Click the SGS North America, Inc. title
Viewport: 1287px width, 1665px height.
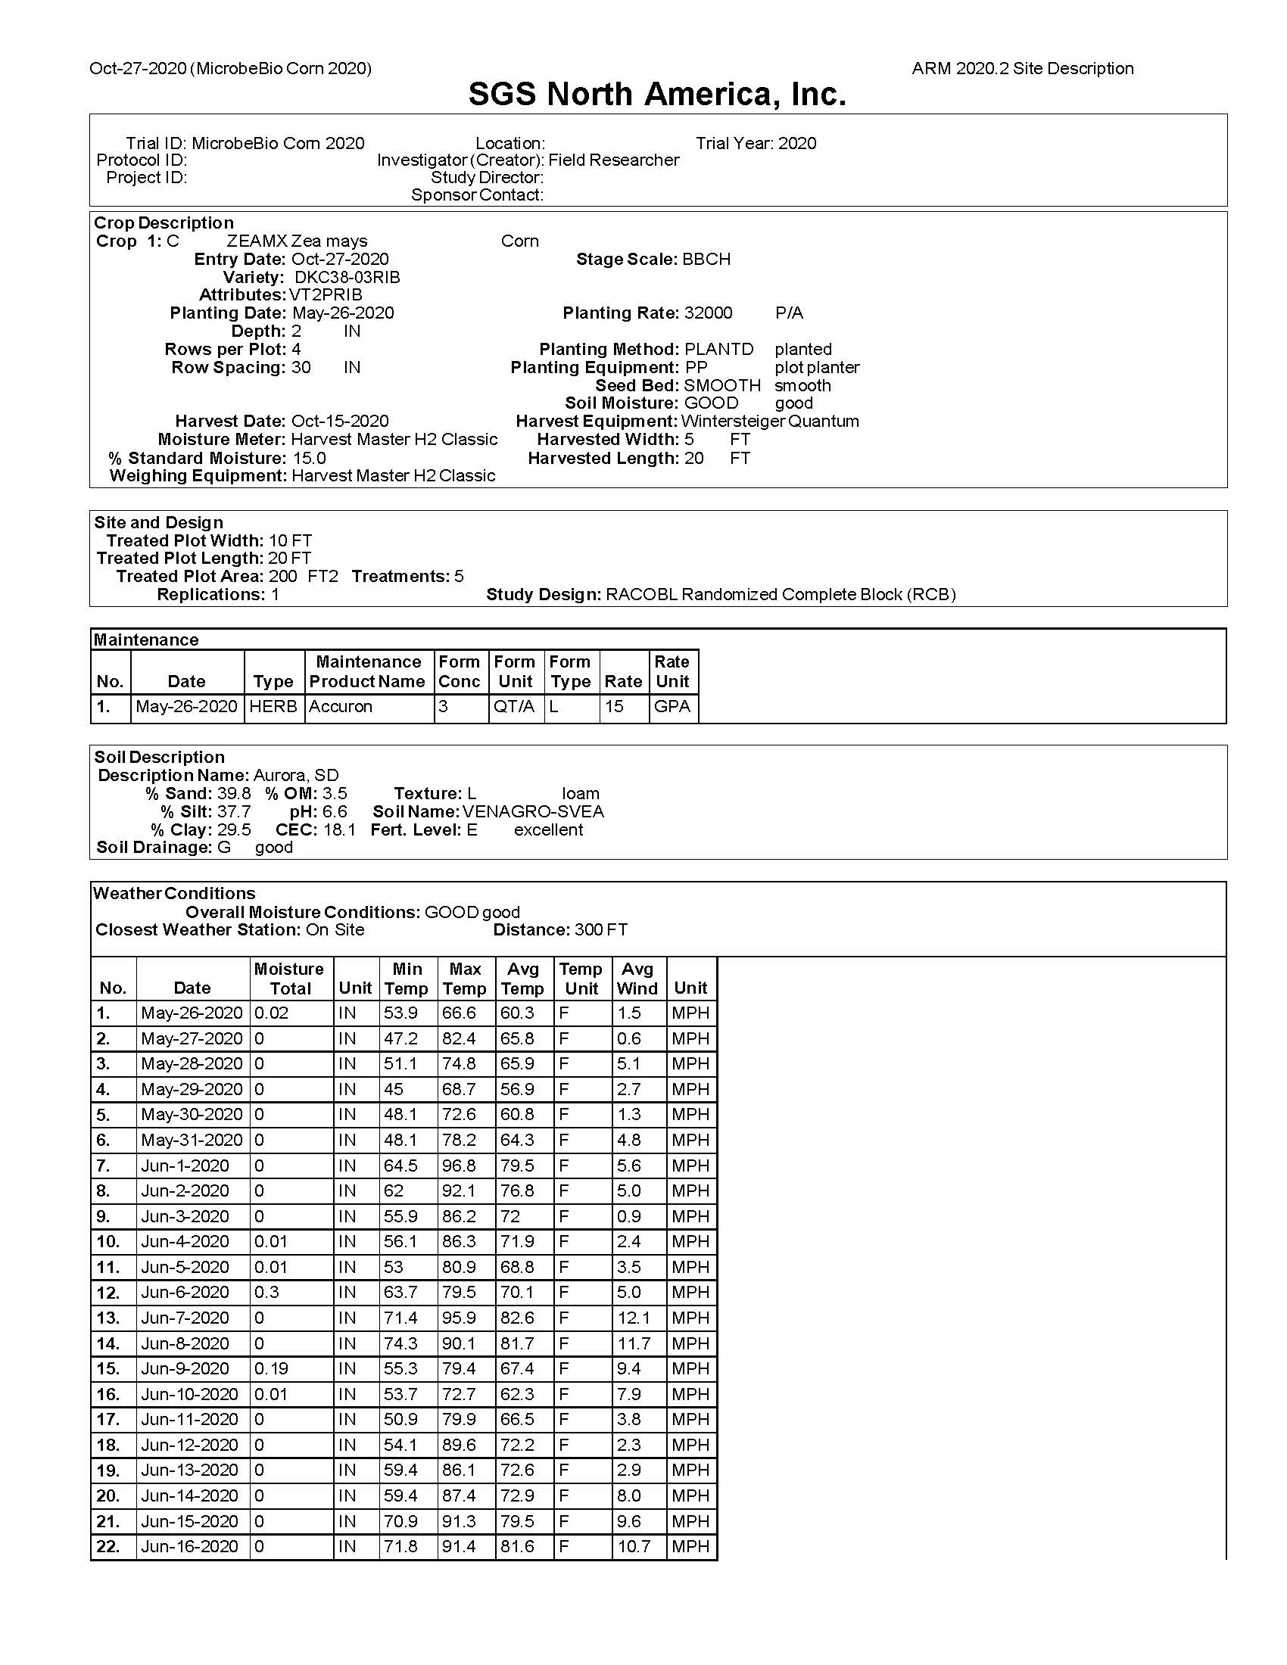pyautogui.click(x=657, y=95)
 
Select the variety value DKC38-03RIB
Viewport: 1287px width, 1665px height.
pyautogui.click(x=347, y=278)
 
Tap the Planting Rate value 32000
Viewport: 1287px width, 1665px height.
pyautogui.click(x=709, y=313)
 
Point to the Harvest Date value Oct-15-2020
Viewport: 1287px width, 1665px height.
pyautogui.click(x=340, y=422)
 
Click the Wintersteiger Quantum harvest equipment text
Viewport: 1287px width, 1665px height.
pyautogui.click(x=770, y=422)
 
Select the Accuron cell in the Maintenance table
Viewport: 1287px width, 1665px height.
pyautogui.click(x=341, y=707)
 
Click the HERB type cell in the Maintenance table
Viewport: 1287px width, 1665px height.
pyautogui.click(x=273, y=707)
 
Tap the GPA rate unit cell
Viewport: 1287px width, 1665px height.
pyautogui.click(x=672, y=707)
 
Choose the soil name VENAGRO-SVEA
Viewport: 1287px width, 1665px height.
pyautogui.click(x=533, y=812)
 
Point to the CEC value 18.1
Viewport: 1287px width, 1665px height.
pyautogui.click(x=339, y=830)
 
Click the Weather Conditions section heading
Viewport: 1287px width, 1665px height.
pyautogui.click(x=174, y=894)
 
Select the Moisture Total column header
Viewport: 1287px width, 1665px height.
pyautogui.click(x=289, y=979)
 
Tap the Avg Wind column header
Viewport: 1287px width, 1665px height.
pyautogui.click(x=637, y=979)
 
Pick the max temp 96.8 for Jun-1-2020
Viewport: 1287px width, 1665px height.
pyautogui.click(x=459, y=1165)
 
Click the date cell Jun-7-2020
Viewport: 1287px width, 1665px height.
pyautogui.click(x=185, y=1318)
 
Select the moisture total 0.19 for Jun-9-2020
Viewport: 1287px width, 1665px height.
pyautogui.click(x=272, y=1368)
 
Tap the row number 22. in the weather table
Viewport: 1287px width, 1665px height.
pyautogui.click(x=108, y=1547)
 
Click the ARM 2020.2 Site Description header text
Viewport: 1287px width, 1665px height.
pyautogui.click(x=1023, y=69)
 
